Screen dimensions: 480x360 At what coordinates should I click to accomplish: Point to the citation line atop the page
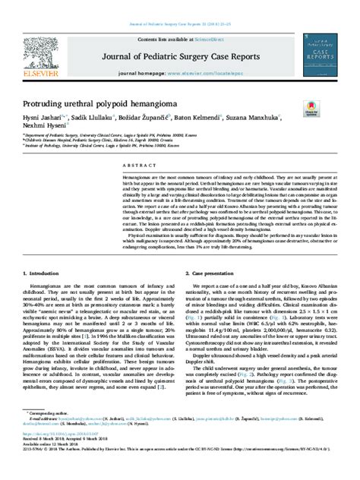[180, 6]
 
